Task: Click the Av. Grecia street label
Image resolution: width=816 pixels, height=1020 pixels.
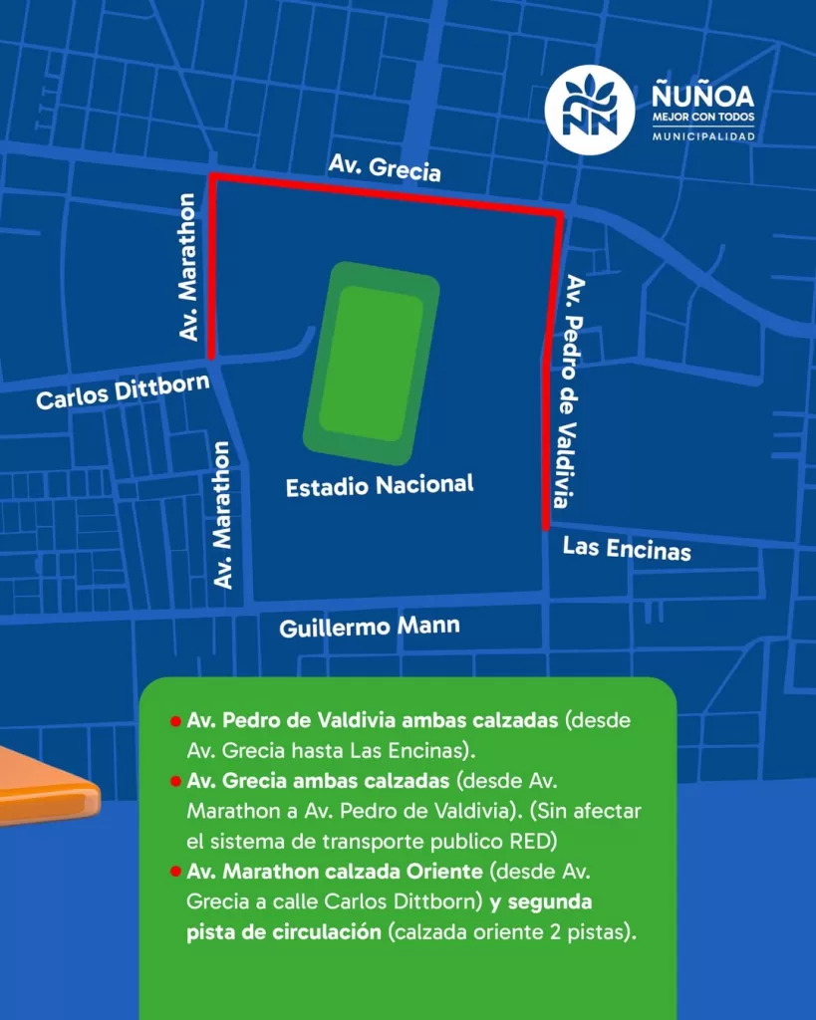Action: click(385, 168)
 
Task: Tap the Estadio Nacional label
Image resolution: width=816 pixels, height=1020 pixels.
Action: click(380, 486)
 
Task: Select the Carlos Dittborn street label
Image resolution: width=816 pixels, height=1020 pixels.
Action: click(123, 390)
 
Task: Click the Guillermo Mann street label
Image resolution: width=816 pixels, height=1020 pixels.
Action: click(370, 628)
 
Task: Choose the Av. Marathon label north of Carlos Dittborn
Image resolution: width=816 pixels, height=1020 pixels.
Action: click(188, 268)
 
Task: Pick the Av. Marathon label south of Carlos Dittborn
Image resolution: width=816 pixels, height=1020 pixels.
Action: click(223, 515)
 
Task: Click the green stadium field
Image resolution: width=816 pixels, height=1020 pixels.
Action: click(371, 364)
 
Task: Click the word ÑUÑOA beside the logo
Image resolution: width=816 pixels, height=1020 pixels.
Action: click(702, 97)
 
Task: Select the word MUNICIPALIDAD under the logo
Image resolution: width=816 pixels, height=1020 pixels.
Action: click(702, 135)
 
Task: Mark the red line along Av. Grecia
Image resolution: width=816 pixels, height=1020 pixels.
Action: click(389, 194)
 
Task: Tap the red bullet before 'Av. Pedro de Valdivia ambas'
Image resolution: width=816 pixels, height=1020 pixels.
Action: click(175, 721)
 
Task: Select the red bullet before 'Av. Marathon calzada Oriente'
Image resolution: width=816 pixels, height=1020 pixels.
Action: click(175, 872)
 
